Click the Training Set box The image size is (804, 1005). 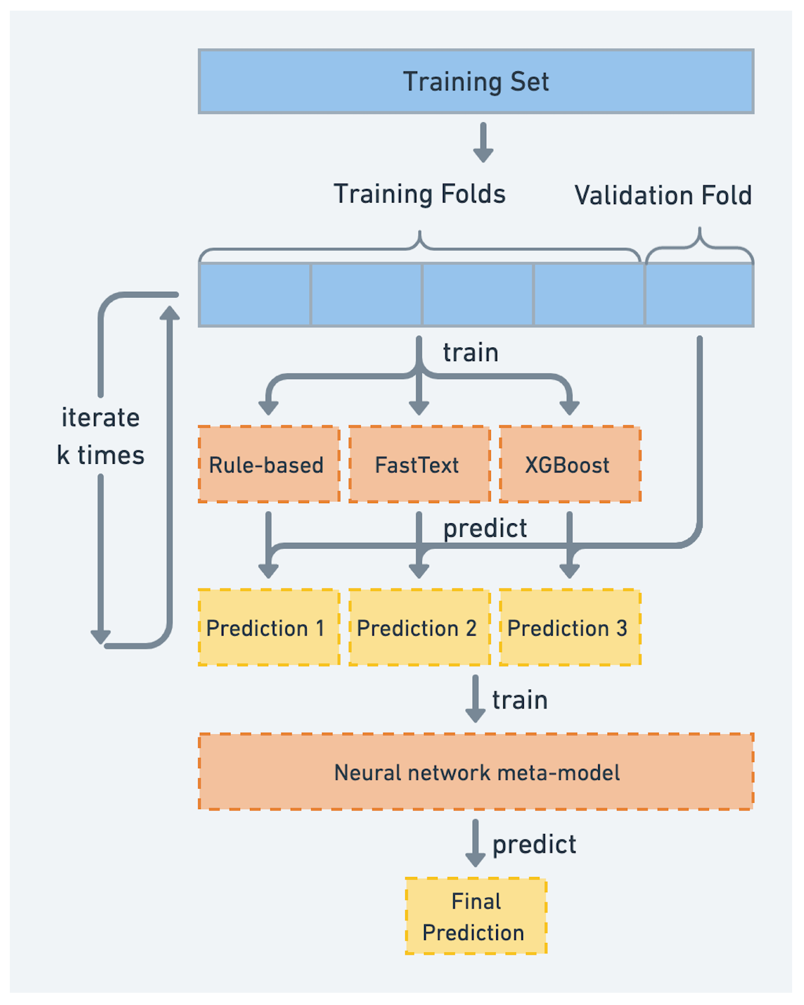(476, 81)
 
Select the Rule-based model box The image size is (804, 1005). (269, 464)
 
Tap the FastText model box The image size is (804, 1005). (420, 464)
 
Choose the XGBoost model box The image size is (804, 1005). (570, 464)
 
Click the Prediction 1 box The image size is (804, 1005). (269, 627)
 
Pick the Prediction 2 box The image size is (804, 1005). (420, 627)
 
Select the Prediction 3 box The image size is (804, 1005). (570, 627)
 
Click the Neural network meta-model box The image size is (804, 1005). (476, 772)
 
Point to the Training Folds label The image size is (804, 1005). (420, 194)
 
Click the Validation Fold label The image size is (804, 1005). (663, 195)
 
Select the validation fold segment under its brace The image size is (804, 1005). (699, 295)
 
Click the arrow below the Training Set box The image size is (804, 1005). (483, 142)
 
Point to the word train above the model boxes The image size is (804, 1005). (471, 353)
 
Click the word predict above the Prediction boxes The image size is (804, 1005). (485, 529)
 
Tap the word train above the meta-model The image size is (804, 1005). (520, 701)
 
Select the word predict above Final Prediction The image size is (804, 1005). (534, 845)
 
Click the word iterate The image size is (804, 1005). (101, 417)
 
